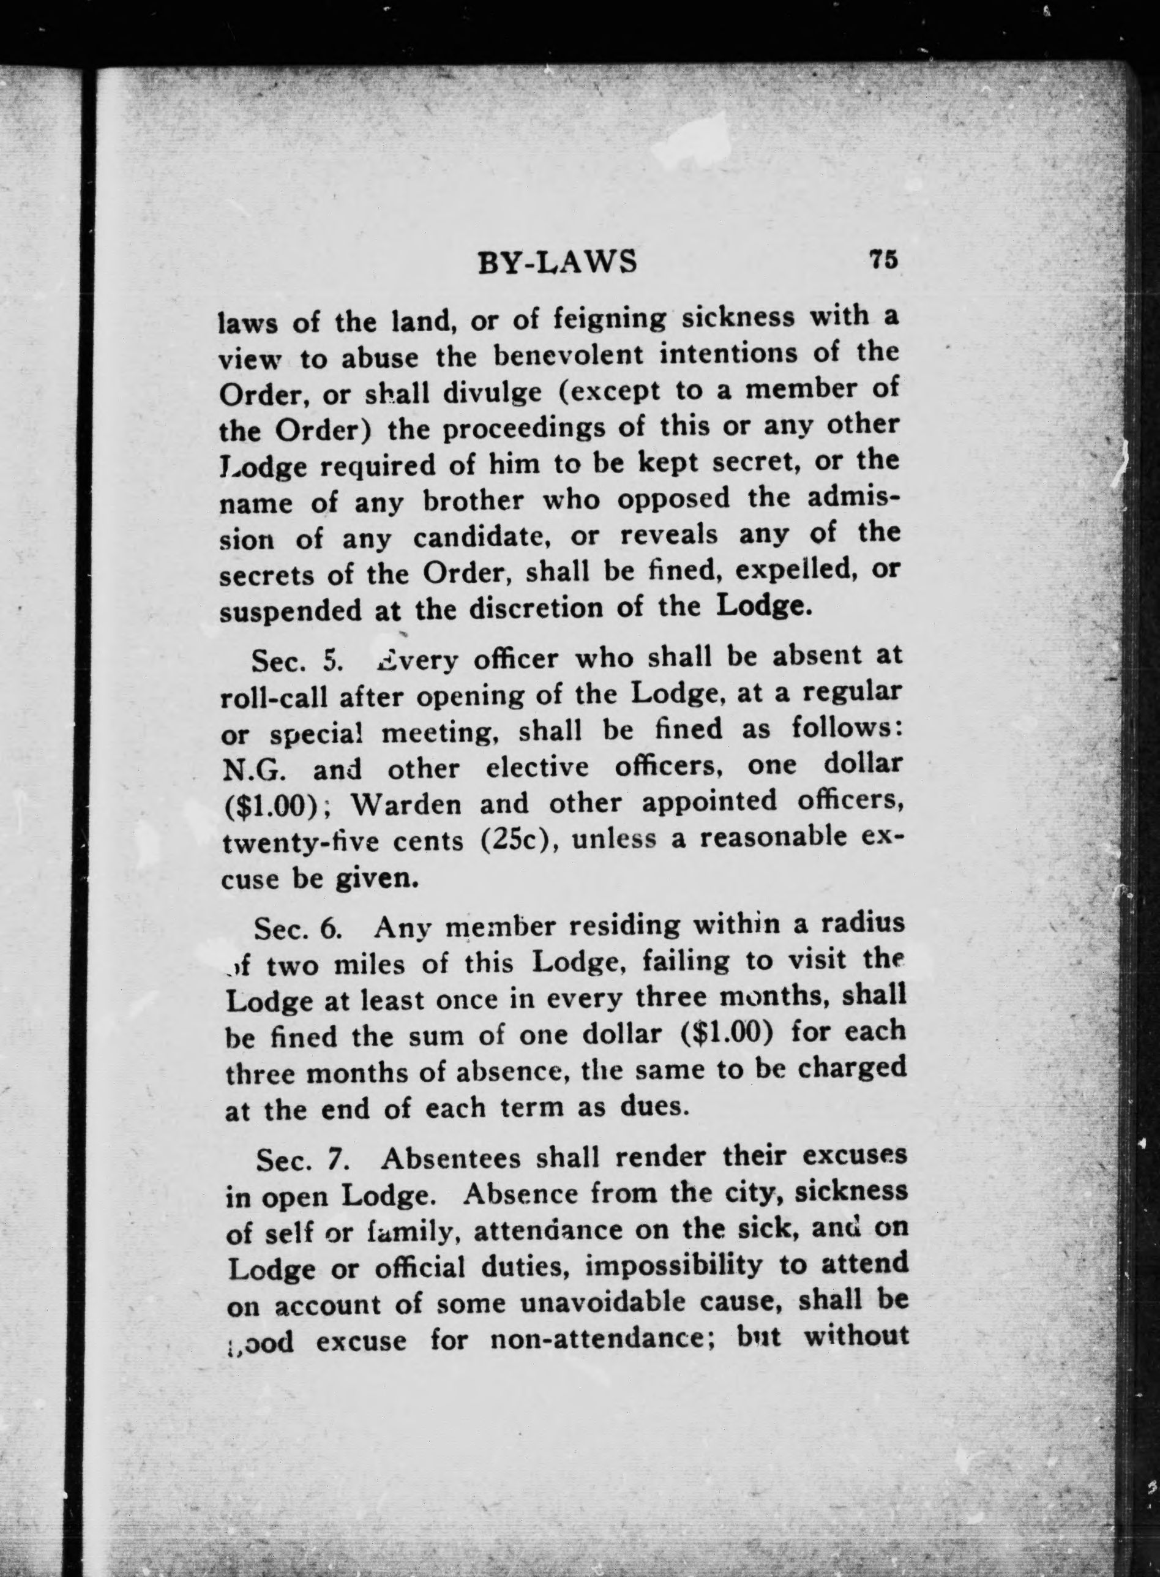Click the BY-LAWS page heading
tap(557, 262)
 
